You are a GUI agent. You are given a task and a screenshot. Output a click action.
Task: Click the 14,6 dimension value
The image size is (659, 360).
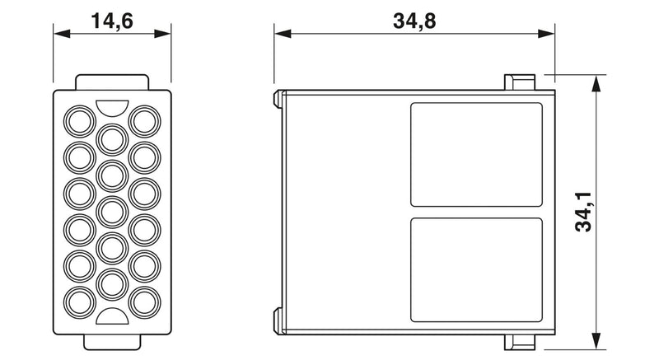112,21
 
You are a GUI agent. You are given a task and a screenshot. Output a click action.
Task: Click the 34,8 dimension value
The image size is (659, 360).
414,21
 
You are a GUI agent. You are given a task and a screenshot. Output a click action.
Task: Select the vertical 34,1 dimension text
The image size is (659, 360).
583,212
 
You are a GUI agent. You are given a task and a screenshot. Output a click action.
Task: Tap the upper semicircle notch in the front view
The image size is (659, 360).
112,107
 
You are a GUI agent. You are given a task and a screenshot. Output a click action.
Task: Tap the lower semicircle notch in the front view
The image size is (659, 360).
112,316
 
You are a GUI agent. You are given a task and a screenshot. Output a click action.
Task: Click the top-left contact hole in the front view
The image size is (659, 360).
80,121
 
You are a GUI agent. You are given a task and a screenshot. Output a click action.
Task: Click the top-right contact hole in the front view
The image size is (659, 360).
145,121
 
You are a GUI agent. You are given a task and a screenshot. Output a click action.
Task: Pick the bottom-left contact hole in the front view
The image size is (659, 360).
80,302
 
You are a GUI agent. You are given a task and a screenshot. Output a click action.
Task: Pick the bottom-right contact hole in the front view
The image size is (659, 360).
145,302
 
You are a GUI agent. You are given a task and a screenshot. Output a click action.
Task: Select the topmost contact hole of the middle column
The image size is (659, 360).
112,139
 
